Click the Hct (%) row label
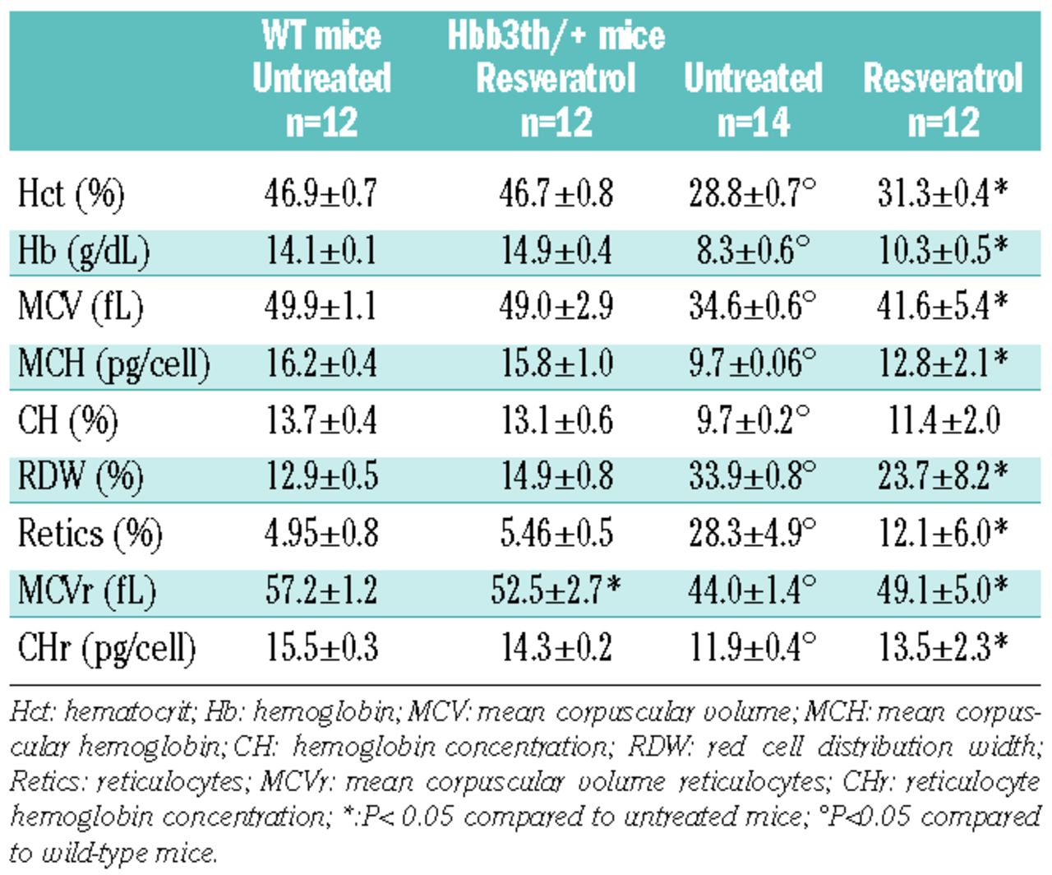[72, 194]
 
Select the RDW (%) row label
[81, 477]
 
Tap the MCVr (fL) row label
[86, 590]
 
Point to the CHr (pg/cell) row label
[107, 648]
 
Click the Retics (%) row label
[90, 534]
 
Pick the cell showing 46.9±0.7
[321, 194]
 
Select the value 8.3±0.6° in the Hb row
[753, 250]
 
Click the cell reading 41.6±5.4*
[942, 306]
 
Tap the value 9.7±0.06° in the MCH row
[753, 363]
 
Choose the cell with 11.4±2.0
[944, 420]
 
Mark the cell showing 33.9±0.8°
[753, 477]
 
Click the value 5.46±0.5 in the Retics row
[556, 534]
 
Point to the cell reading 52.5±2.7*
[556, 590]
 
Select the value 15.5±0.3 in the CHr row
[321, 648]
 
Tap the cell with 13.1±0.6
[556, 420]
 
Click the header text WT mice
[321, 35]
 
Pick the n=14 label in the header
[753, 123]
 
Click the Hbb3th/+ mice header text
[556, 35]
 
